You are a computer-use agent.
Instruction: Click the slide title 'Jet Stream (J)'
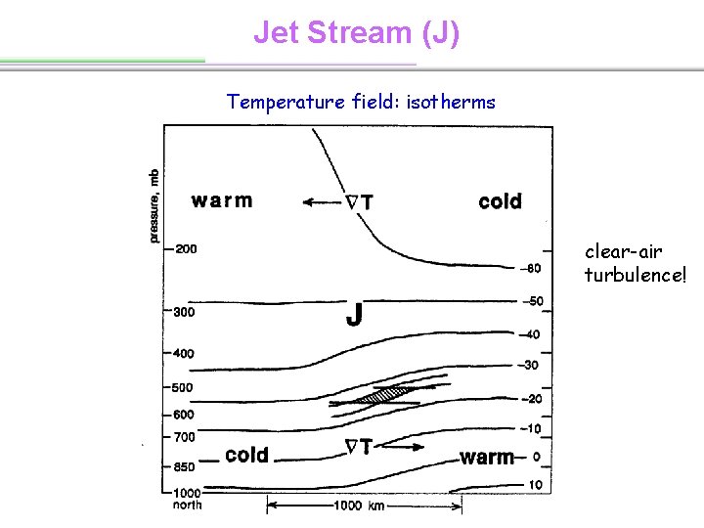coord(356,32)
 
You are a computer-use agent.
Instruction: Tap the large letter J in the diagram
coord(355,315)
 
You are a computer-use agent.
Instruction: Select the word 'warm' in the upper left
coord(222,200)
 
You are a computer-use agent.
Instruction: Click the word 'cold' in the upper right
coord(500,201)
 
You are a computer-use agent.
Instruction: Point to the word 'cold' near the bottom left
coord(246,455)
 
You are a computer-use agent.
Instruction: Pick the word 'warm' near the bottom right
coord(487,457)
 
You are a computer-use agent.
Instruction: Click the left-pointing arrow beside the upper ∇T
coord(320,203)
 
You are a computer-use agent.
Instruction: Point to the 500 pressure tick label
coord(183,387)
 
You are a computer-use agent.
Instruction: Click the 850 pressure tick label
coord(183,467)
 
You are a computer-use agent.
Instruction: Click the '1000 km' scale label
coord(364,506)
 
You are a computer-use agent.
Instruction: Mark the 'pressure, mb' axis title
coord(154,205)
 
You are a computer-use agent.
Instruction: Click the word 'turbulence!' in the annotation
coord(636,275)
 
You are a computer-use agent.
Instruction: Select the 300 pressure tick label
coord(183,313)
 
